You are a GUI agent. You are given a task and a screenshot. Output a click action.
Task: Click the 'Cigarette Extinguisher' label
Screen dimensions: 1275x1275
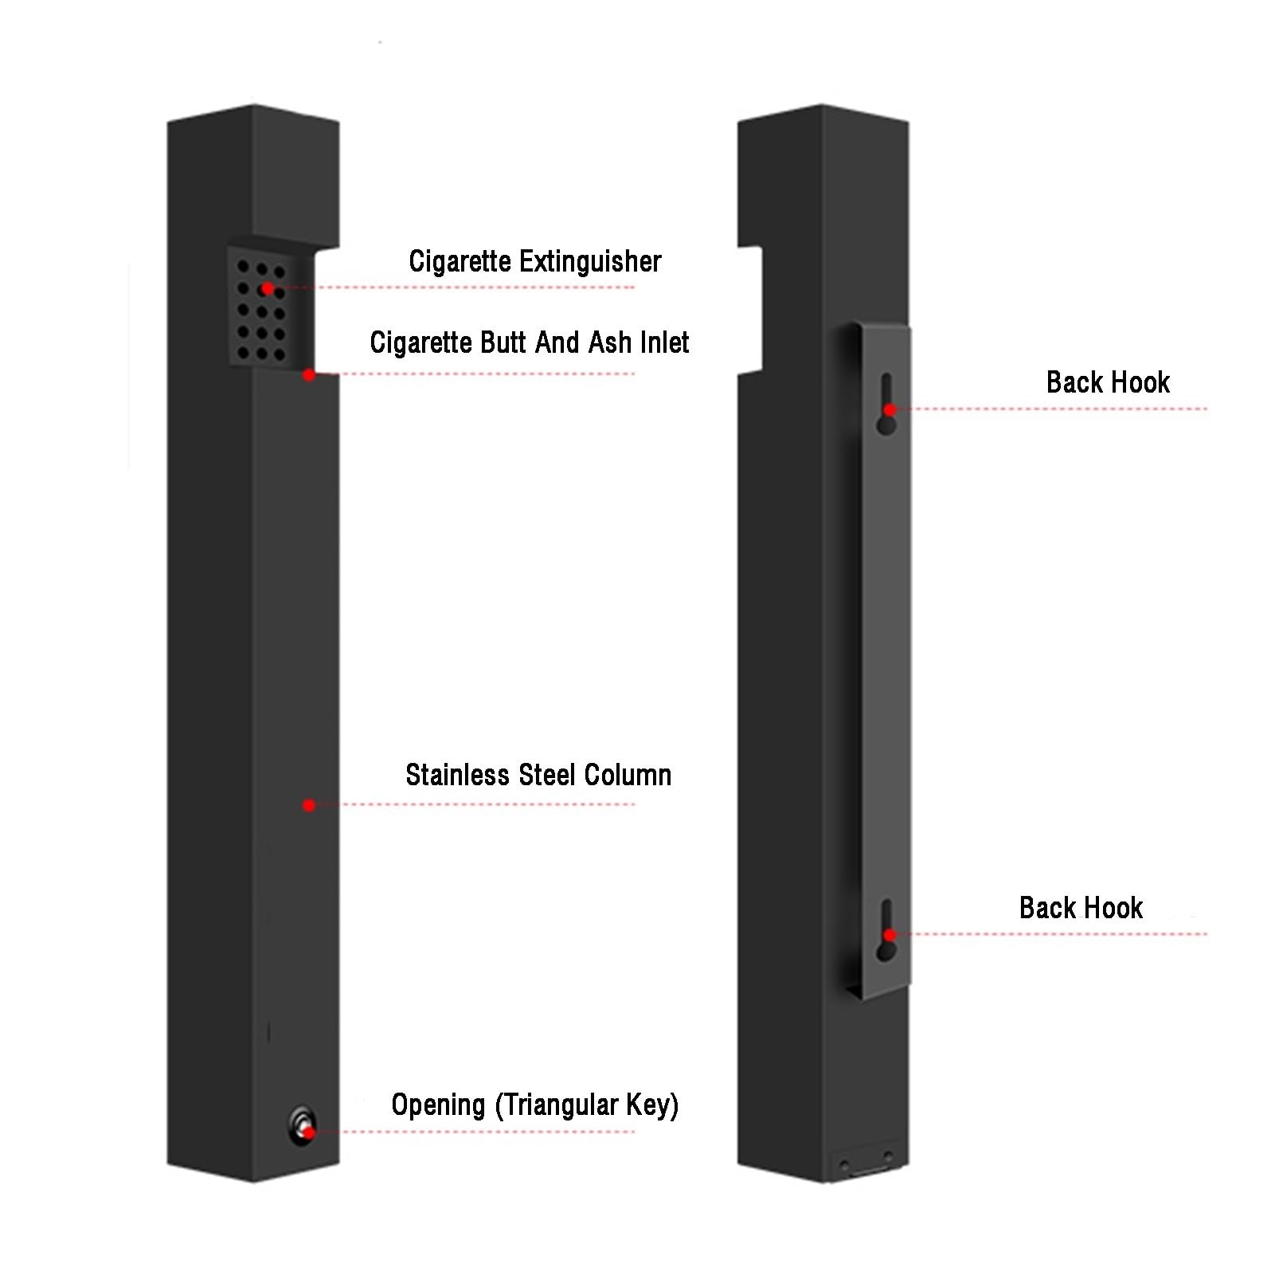(x=534, y=261)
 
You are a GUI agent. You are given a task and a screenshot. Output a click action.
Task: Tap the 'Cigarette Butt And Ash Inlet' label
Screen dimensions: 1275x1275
(x=530, y=342)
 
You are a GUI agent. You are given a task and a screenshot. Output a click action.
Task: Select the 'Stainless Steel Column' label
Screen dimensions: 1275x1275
(x=538, y=775)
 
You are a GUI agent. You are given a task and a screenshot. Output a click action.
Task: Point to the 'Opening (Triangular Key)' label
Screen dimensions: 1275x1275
(x=535, y=1105)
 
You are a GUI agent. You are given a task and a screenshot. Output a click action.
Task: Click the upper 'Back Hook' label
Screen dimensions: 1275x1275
(x=1108, y=382)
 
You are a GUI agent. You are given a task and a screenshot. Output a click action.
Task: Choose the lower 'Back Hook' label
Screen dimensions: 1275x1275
(x=1081, y=908)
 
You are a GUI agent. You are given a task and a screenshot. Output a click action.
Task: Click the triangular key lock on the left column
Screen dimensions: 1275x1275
(x=303, y=1125)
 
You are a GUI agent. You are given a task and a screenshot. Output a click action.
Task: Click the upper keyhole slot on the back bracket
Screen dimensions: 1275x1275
(x=886, y=404)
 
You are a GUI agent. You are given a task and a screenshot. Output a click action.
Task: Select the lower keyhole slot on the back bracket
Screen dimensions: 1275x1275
(x=886, y=930)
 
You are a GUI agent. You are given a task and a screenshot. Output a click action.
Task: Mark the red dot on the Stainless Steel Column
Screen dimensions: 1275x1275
(x=309, y=805)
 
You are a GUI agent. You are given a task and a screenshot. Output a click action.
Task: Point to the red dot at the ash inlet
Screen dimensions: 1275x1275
(x=309, y=374)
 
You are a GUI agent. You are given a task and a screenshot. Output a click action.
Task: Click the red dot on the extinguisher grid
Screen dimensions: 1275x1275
(x=268, y=288)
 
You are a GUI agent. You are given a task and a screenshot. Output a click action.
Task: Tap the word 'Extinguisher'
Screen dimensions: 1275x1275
(x=590, y=261)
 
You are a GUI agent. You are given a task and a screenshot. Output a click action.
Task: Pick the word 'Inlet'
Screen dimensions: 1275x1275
(x=665, y=342)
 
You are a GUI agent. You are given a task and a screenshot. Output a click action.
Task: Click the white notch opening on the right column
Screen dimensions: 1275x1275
(x=750, y=311)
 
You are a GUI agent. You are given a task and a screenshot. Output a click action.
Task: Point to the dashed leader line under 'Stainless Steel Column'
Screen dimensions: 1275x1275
(x=476, y=804)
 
